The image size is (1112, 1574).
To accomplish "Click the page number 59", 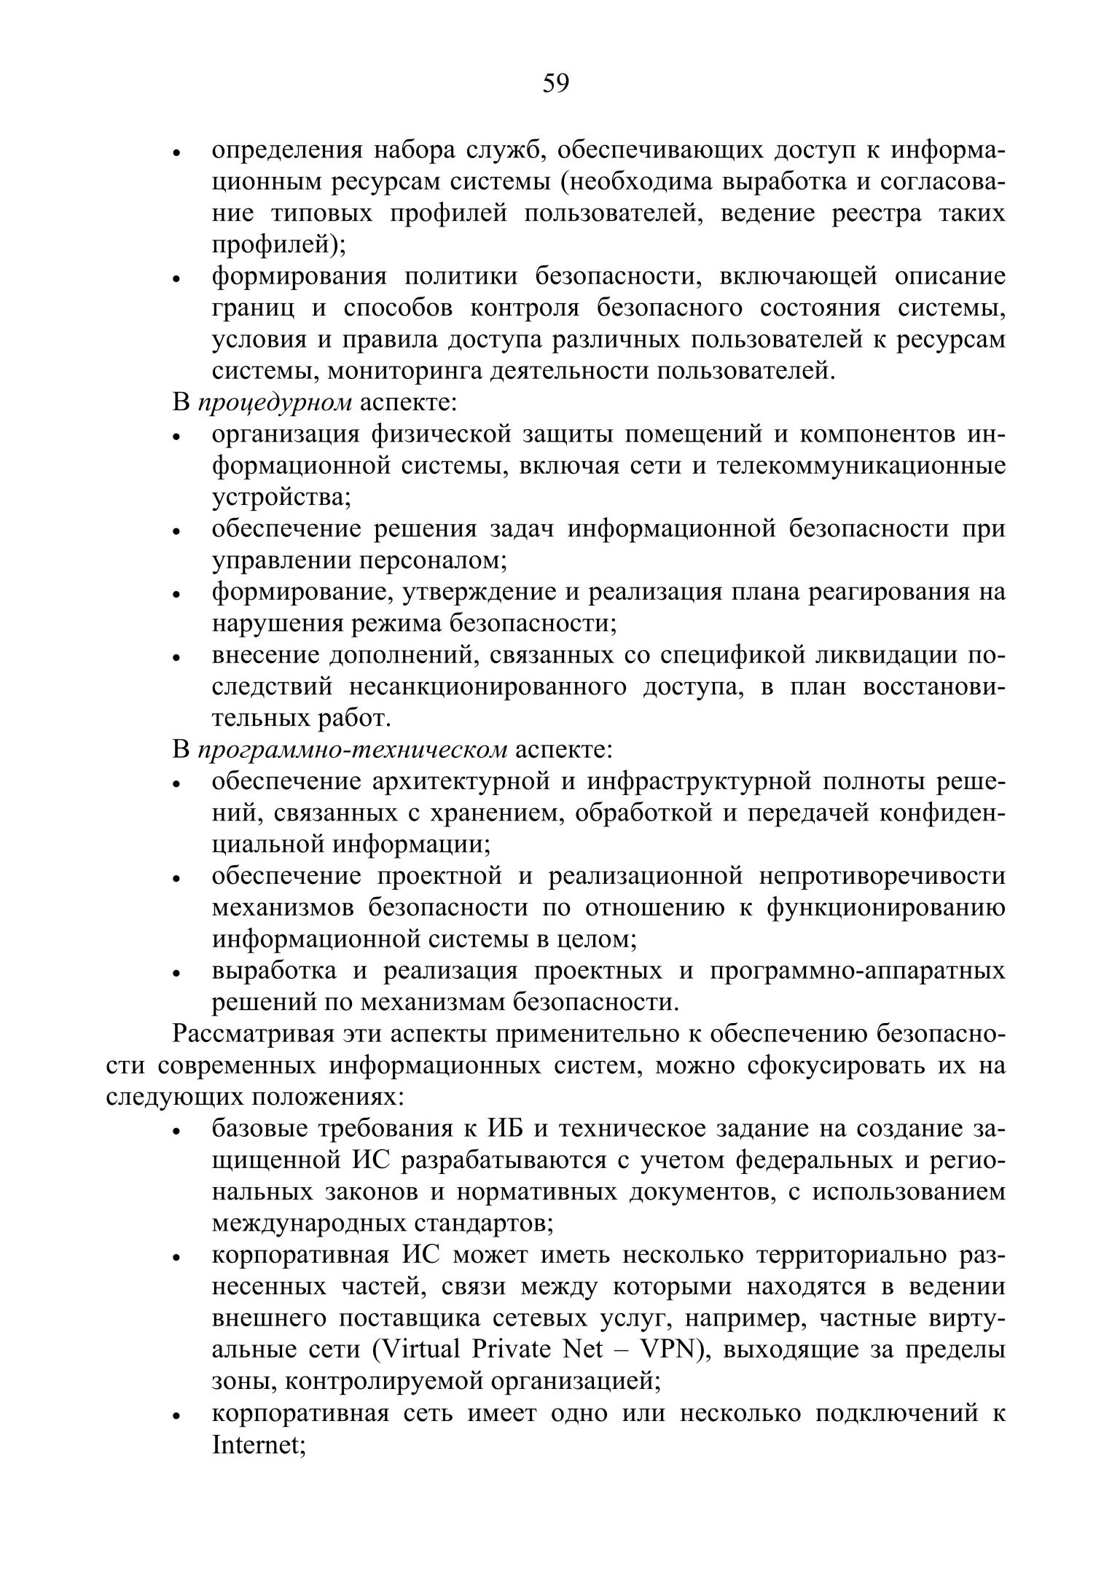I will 555,84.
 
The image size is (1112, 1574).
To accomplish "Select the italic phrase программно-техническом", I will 352,749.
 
